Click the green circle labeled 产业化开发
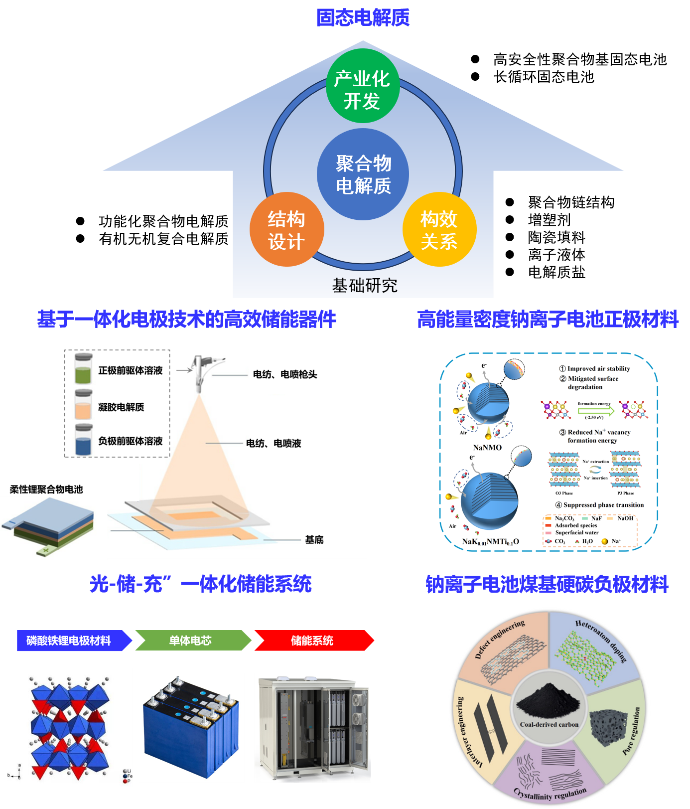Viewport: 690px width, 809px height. click(363, 86)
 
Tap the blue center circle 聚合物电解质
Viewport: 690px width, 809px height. click(363, 174)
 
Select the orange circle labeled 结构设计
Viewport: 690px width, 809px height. click(286, 229)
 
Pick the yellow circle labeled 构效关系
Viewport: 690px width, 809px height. click(439, 229)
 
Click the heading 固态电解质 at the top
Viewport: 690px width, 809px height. click(363, 18)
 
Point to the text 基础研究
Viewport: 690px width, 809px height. click(364, 286)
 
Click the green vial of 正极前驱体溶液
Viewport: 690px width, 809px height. click(83, 369)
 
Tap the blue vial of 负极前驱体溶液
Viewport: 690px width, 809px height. click(83, 440)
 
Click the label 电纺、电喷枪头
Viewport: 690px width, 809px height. click(284, 374)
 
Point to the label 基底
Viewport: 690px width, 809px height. click(314, 540)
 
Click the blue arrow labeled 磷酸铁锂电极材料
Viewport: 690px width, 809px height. click(70, 641)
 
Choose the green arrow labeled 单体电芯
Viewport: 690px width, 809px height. click(191, 641)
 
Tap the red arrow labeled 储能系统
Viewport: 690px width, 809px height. click(312, 641)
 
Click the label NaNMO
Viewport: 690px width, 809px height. click(487, 448)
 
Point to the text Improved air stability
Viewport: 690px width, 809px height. click(598, 369)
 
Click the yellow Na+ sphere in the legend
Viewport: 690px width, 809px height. click(604, 541)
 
